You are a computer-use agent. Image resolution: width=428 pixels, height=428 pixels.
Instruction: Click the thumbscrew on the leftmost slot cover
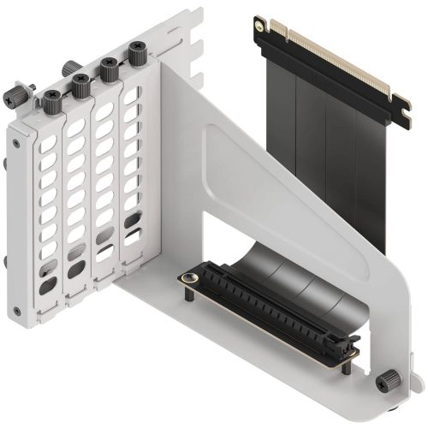point(52,99)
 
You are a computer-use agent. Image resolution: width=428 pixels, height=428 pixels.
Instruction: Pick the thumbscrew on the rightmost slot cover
point(136,51)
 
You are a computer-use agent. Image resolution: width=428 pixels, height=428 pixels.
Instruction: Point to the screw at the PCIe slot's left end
point(186,278)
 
